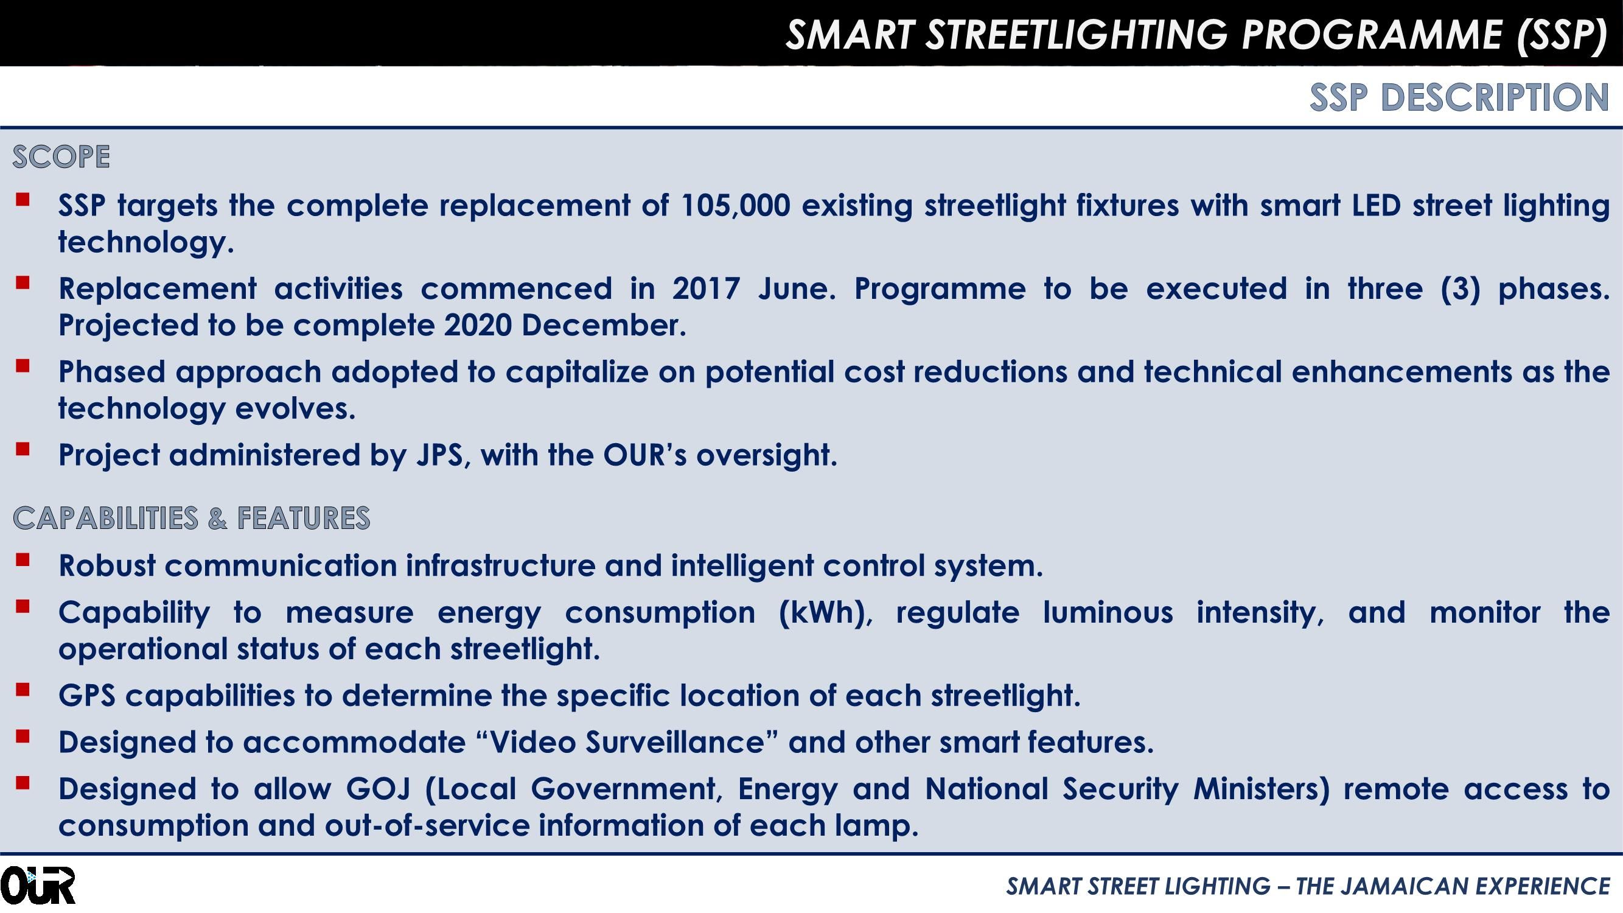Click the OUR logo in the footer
(x=38, y=885)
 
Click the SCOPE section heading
(x=61, y=157)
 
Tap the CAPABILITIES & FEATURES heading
(x=192, y=518)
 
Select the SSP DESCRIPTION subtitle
(x=1459, y=97)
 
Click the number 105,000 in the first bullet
(x=735, y=205)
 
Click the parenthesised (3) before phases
(x=1460, y=289)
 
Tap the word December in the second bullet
(x=603, y=326)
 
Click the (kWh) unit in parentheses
(x=825, y=612)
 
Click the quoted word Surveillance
(x=675, y=742)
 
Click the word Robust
(x=106, y=566)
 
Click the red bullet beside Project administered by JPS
(x=23, y=449)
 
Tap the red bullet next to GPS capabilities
(x=23, y=690)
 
